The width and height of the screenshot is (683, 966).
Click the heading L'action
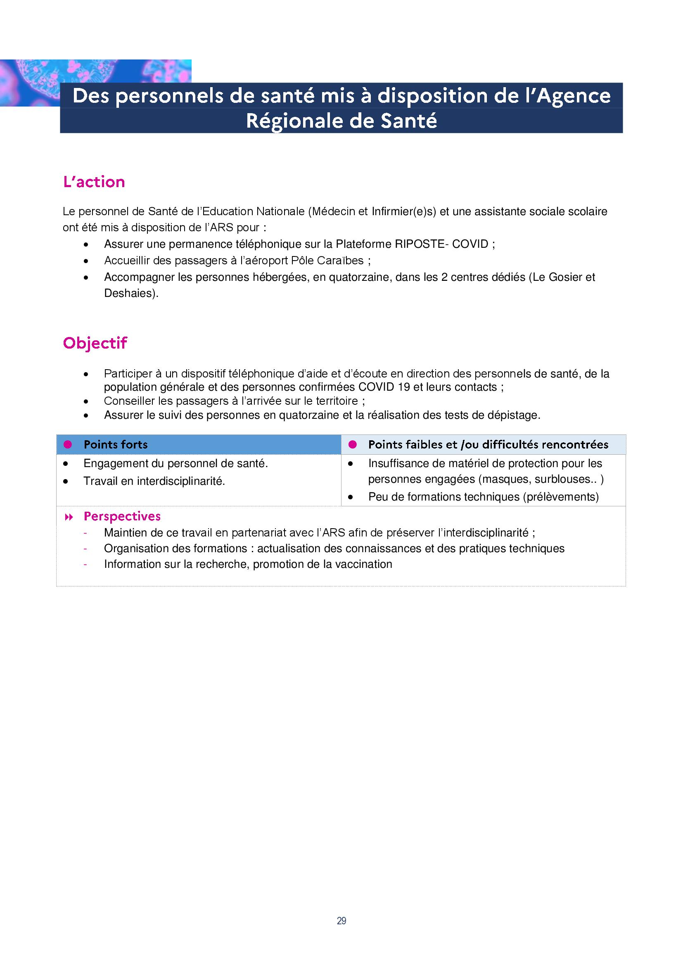point(94,182)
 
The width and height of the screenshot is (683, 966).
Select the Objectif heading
point(95,343)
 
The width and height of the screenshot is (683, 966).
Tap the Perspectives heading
point(122,516)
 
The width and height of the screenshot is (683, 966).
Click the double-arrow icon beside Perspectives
point(69,517)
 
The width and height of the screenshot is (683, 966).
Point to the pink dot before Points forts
point(68,445)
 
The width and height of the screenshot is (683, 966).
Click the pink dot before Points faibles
point(352,445)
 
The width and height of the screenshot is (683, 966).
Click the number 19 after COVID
point(404,387)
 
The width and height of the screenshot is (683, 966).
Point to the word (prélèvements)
point(561,497)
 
